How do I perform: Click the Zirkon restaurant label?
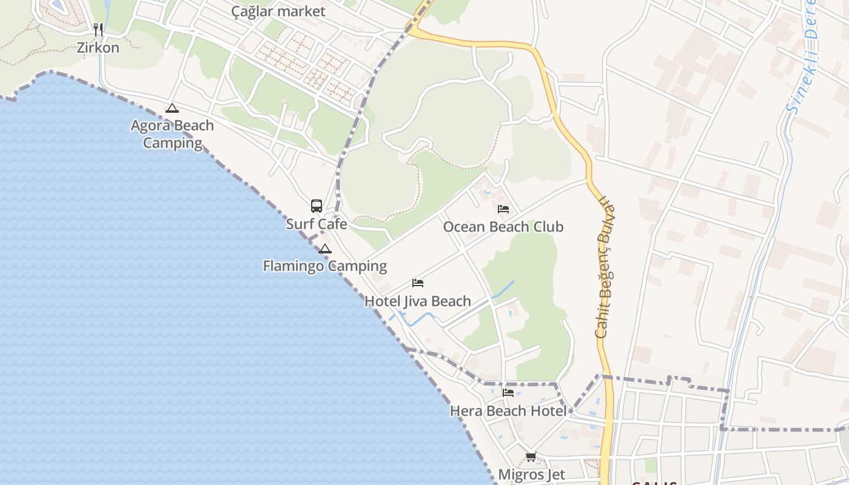point(98,47)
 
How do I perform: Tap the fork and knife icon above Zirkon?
point(98,29)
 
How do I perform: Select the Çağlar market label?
point(278,12)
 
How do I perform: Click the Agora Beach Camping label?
point(172,134)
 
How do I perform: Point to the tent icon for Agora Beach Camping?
point(172,109)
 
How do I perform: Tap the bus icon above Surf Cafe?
point(317,206)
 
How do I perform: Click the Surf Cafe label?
point(317,224)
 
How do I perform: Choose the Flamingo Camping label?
point(324,266)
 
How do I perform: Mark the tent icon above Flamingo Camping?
point(325,249)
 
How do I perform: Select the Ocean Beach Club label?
point(503,227)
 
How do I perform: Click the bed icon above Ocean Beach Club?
point(503,209)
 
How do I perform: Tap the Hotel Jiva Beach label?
point(417,301)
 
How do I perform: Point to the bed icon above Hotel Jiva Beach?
point(418,283)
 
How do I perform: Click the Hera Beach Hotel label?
point(508,411)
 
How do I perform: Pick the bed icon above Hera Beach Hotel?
point(508,393)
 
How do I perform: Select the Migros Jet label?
point(531,474)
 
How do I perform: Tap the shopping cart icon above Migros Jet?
point(531,457)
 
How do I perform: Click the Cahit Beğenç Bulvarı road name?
point(605,267)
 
